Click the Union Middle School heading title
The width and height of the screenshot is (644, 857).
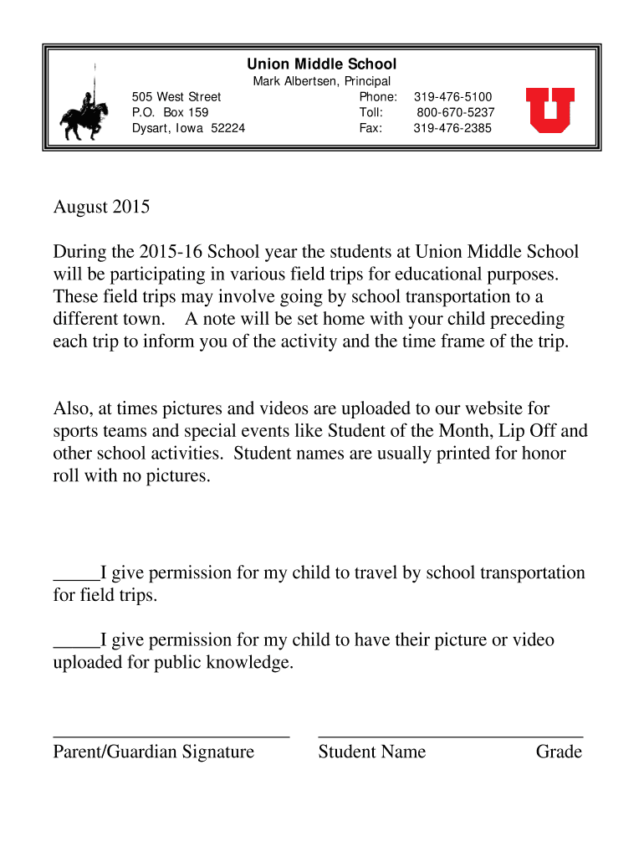pyautogui.click(x=321, y=64)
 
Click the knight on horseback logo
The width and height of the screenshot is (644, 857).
pyautogui.click(x=84, y=111)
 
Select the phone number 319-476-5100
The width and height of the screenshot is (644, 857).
pyautogui.click(x=452, y=97)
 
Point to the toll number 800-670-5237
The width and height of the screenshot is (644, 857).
pyautogui.click(x=455, y=112)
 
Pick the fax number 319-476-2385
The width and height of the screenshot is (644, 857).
pyautogui.click(x=452, y=128)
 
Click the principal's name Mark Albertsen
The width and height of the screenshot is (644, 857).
pyautogui.click(x=291, y=81)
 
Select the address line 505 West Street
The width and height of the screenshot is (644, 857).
pyautogui.click(x=176, y=97)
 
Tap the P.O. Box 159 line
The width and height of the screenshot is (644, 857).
pyautogui.click(x=171, y=112)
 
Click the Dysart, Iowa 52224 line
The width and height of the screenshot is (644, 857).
pyautogui.click(x=188, y=128)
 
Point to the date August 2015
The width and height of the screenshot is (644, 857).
pyautogui.click(x=101, y=207)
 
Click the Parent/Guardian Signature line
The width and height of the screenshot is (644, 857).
pyautogui.click(x=171, y=735)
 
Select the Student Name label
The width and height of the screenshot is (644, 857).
pyautogui.click(x=371, y=752)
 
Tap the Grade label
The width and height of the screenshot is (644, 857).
pyautogui.click(x=559, y=752)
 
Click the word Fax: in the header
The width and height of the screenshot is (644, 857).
pyautogui.click(x=371, y=128)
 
